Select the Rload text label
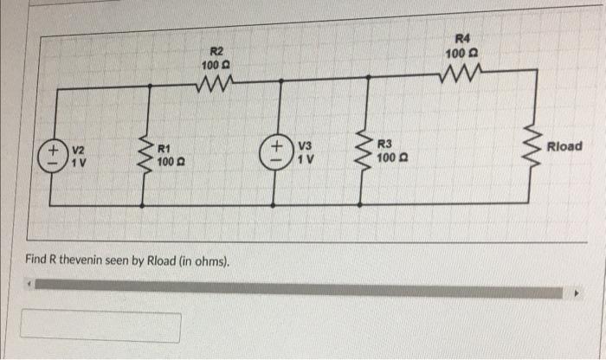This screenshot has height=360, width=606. click(564, 146)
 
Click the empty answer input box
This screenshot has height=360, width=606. click(101, 326)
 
